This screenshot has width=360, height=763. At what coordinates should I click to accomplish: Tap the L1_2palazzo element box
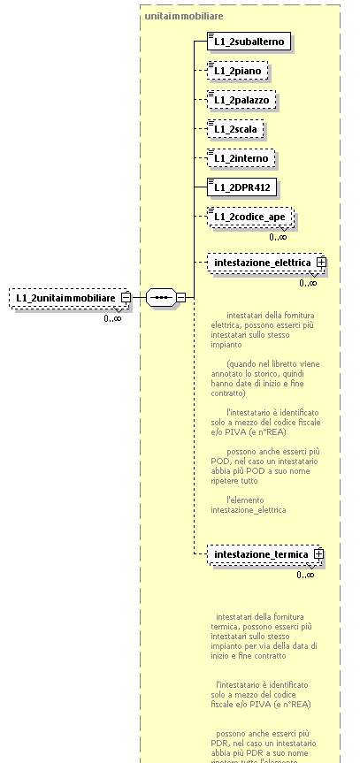point(241,99)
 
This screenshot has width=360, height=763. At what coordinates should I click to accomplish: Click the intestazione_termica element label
point(260,554)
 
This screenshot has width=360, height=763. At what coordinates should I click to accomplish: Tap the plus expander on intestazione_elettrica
point(322,263)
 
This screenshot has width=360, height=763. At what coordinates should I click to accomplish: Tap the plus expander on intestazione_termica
point(319,554)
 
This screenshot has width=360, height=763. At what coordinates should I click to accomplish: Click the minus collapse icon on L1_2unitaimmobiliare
point(126,298)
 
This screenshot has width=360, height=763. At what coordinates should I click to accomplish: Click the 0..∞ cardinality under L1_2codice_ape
point(279,236)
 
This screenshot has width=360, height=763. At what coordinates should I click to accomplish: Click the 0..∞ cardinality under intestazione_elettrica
point(308,283)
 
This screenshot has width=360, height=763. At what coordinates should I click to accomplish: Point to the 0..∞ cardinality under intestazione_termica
point(305,575)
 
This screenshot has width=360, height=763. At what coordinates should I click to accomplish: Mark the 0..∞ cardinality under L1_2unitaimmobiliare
point(112,318)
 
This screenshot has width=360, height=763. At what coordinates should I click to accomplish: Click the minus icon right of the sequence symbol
point(180,298)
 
